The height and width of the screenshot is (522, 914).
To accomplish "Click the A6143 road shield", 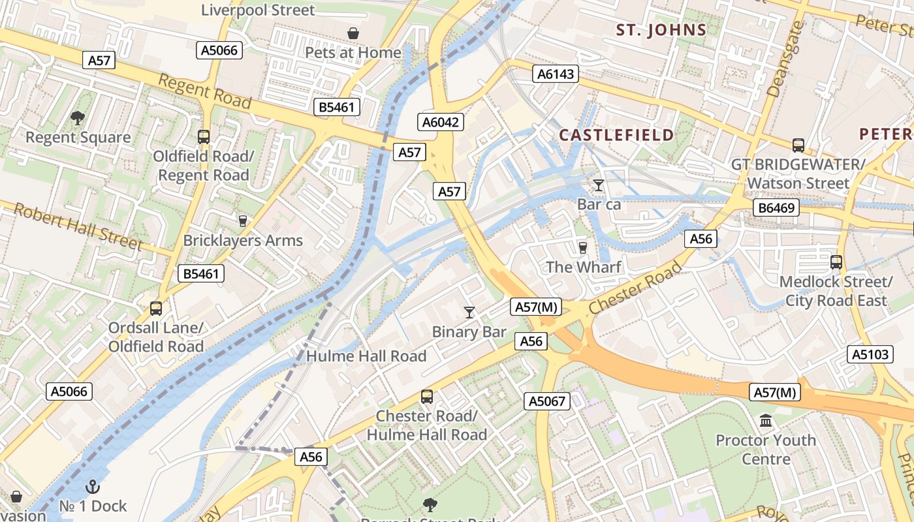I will [556, 74].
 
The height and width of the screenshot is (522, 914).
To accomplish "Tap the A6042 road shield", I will [441, 122].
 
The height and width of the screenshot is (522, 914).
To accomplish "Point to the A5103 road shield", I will [871, 354].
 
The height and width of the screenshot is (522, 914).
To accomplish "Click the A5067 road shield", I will [546, 401].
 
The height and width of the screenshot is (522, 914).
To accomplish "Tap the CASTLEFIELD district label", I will [616, 135].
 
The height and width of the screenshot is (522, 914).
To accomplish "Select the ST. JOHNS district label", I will [662, 29].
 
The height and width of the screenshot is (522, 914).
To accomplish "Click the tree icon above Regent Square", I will [78, 118].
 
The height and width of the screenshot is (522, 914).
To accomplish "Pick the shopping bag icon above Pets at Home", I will [353, 33].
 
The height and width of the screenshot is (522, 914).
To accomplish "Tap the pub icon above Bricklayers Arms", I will [243, 221].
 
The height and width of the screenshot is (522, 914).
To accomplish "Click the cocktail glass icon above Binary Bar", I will [469, 313].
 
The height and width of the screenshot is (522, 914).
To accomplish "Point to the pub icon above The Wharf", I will [583, 247].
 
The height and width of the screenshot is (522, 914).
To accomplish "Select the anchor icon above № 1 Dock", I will [93, 487].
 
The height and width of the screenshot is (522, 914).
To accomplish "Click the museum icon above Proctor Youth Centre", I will [766, 421].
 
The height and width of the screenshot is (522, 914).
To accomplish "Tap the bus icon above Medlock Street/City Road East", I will [836, 262].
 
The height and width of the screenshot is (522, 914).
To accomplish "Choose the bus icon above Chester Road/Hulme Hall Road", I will [427, 396].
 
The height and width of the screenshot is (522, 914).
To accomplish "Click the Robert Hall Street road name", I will [78, 226].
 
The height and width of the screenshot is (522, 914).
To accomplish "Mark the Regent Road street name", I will [205, 91].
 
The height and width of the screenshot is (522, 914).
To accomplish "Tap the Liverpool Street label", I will [258, 10].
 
